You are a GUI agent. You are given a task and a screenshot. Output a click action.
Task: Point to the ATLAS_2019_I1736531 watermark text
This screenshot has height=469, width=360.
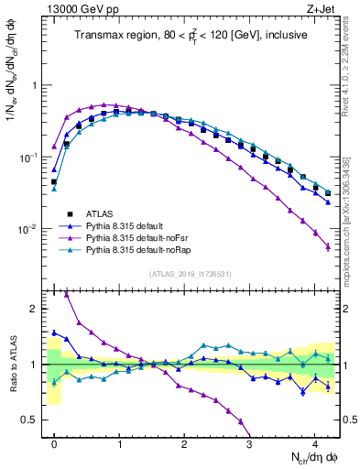(190, 274)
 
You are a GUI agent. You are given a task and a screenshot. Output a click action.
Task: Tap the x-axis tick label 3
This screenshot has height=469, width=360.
(250, 442)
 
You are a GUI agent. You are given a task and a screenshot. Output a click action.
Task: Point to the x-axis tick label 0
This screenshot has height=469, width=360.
(54, 442)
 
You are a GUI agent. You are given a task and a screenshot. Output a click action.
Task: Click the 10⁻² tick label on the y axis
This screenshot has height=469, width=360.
(29, 229)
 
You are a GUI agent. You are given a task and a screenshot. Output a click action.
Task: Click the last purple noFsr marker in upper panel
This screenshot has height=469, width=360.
(328, 246)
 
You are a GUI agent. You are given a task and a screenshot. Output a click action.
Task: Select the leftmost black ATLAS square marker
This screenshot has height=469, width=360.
(54, 182)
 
